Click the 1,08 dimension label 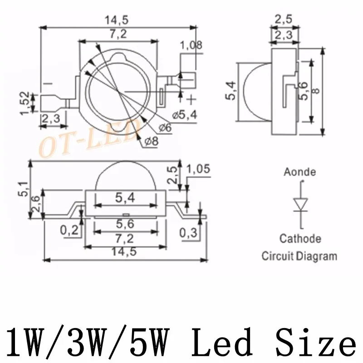(191, 45)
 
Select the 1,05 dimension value (199, 169)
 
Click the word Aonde (299, 172)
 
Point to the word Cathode (300, 239)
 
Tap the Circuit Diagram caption (299, 256)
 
